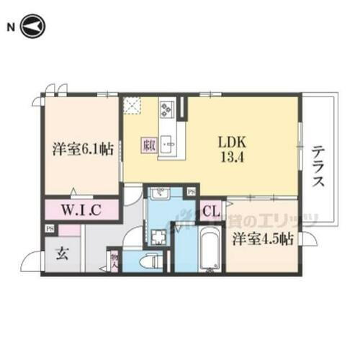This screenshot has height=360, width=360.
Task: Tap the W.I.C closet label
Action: (x=80, y=210)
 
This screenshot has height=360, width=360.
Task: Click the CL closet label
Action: (x=210, y=212)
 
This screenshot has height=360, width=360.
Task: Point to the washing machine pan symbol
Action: (x=157, y=236)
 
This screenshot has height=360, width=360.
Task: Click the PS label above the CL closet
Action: (x=191, y=192)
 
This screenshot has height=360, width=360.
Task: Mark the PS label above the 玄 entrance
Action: (x=50, y=229)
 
